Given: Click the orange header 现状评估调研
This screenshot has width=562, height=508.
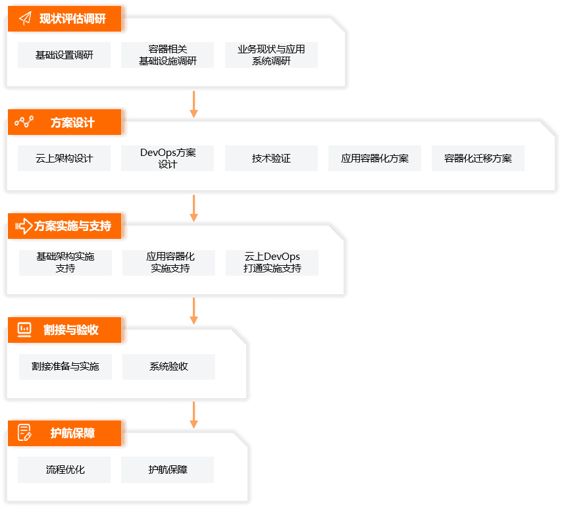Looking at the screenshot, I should point(72,18).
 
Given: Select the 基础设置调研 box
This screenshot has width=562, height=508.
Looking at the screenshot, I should point(64,55).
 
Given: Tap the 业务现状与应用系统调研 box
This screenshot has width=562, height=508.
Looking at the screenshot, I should point(271,55).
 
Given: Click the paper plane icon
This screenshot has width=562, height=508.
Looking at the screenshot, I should point(25,18).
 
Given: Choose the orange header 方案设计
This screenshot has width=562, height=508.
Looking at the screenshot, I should point(72,122).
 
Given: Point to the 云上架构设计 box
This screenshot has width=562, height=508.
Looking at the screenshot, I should point(64,159).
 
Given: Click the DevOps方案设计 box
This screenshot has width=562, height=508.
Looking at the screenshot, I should point(168,159).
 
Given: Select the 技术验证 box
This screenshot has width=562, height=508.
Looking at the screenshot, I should point(271,159).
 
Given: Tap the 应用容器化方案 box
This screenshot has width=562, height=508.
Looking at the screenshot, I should point(374,159).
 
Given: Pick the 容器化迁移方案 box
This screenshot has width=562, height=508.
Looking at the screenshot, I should point(478,159).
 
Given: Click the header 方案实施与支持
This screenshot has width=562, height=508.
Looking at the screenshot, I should point(72,226).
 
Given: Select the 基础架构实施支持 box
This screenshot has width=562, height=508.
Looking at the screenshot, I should point(65,263).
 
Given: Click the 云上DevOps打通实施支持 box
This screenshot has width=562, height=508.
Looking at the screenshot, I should point(272,263).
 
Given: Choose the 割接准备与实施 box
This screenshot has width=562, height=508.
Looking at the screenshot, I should point(65,367).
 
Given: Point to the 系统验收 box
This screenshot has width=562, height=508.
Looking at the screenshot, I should point(168,367).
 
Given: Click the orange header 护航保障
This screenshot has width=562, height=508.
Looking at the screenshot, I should point(72,433).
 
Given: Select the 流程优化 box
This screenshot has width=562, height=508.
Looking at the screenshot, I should point(65,470).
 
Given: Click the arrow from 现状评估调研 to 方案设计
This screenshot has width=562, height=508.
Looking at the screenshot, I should point(194,104).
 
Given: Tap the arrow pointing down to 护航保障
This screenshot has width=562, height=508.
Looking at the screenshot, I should point(194,415).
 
